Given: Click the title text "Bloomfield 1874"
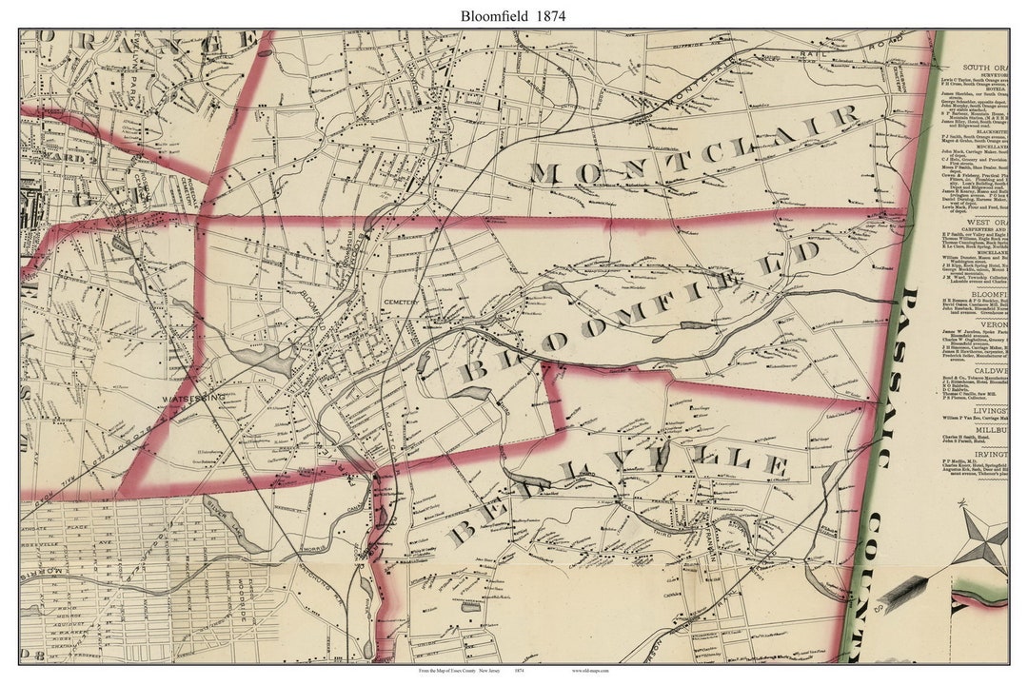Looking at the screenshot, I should pyautogui.click(x=513, y=15).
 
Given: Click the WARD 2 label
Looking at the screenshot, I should pyautogui.click(x=57, y=158).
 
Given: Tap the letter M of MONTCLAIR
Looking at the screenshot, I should pyautogui.click(x=544, y=173).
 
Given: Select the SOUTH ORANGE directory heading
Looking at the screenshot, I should pyautogui.click(x=985, y=68).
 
